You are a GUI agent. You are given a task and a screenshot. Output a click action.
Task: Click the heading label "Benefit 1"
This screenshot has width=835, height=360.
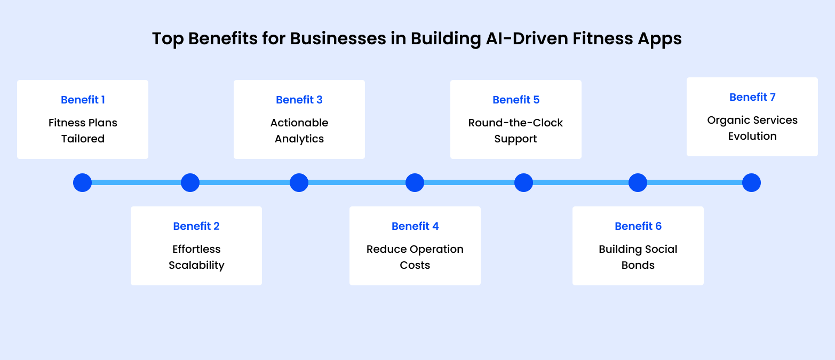(83, 100)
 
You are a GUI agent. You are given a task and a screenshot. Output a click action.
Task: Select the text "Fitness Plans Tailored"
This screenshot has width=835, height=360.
(83, 131)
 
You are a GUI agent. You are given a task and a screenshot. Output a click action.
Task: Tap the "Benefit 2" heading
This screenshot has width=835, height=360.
(196, 226)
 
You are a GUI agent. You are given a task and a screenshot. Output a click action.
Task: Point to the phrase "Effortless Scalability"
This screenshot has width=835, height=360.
(196, 257)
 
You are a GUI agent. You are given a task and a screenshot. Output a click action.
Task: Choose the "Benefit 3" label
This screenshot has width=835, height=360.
(299, 100)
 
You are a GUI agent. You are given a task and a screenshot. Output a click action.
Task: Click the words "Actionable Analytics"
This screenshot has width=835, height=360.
(299, 131)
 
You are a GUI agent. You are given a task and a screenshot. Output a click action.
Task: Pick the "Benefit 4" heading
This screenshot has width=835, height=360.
(415, 226)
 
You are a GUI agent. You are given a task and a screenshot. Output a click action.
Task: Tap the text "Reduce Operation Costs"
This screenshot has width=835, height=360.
(415, 257)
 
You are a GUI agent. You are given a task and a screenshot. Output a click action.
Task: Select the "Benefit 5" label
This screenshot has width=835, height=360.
(516, 100)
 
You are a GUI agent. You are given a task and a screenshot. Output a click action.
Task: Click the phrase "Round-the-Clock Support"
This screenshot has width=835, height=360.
(516, 131)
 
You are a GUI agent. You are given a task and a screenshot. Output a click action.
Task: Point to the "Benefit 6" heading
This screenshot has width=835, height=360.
(638, 226)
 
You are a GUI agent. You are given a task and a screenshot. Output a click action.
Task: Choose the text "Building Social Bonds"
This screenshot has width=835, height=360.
(638, 257)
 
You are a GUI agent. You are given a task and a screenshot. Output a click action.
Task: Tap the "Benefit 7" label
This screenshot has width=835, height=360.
(752, 97)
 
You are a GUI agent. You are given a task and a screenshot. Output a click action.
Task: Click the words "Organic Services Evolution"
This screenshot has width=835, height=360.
(752, 128)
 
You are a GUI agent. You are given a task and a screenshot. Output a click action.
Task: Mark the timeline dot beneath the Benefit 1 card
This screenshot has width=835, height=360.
(83, 182)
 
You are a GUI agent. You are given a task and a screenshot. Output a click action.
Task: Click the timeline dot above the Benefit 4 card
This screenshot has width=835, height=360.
(415, 182)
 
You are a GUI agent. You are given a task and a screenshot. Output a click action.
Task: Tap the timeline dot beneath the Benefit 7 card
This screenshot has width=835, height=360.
(751, 182)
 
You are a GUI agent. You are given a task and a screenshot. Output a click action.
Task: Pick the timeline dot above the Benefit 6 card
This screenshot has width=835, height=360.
(638, 182)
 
